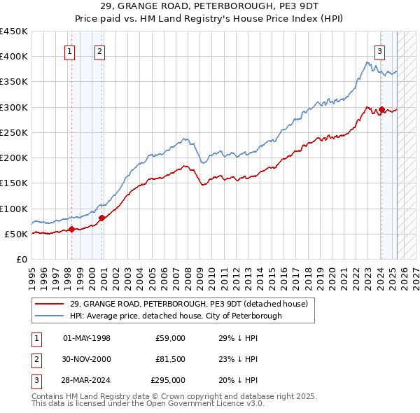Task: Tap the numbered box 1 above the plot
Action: click(x=71, y=50)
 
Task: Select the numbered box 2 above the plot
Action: click(x=99, y=50)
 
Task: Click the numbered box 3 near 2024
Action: click(x=379, y=50)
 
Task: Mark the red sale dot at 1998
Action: click(x=71, y=229)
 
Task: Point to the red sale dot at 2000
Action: click(x=101, y=218)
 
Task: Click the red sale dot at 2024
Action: click(x=381, y=109)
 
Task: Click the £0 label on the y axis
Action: click(x=22, y=260)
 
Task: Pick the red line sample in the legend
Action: click(x=49, y=304)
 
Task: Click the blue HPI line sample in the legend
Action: click(x=49, y=316)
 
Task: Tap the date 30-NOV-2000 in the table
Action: click(x=87, y=360)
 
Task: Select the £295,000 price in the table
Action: click(x=168, y=381)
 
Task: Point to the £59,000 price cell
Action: click(x=170, y=338)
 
